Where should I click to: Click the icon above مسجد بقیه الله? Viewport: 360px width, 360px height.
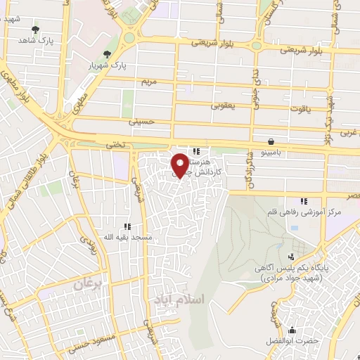tap(127, 226)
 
